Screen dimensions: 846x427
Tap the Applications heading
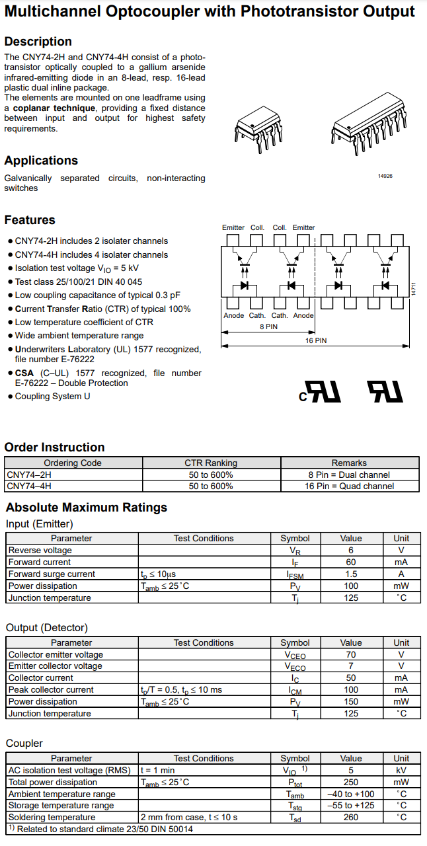[x=41, y=161]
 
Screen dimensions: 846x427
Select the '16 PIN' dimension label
[x=316, y=340]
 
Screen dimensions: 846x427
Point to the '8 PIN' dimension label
[x=268, y=327]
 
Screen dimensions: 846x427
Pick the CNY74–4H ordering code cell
[x=29, y=486]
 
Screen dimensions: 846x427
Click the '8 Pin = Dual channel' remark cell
[x=349, y=475]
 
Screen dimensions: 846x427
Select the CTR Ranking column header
[x=211, y=463]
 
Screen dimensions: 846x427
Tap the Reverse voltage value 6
[x=351, y=550]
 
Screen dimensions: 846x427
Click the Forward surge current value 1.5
[x=351, y=574]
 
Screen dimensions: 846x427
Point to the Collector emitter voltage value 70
[x=351, y=654]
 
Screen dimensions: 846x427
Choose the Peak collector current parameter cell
[x=51, y=689]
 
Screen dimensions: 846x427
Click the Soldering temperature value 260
[x=351, y=817]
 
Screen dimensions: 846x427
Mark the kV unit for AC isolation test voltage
[x=401, y=770]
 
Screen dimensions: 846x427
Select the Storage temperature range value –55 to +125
[x=351, y=805]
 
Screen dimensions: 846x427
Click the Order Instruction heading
[x=54, y=447]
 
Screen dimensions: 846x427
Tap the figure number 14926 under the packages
[x=385, y=176]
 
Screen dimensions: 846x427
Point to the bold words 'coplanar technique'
[x=56, y=108]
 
